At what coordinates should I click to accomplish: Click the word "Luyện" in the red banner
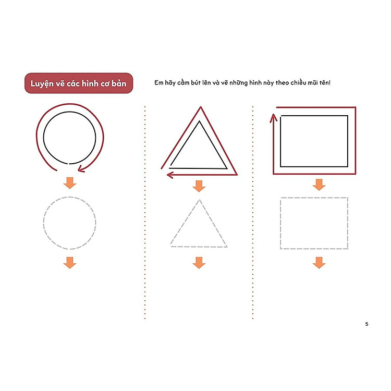coord(42,84)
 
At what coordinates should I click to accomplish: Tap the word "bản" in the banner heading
coord(119,83)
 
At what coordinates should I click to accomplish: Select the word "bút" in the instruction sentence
coord(195,82)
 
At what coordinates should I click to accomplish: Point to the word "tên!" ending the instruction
coord(325,82)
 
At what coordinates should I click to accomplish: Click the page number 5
coord(366,324)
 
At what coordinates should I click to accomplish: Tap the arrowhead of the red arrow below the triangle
coord(170,175)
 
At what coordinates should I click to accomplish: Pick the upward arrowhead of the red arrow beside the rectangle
coord(274,118)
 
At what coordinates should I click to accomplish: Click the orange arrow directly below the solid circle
coord(70,183)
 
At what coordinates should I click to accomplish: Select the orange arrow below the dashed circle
coord(70,263)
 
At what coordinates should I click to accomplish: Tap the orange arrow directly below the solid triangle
coord(199,186)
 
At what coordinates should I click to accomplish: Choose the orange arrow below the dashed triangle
coord(199,263)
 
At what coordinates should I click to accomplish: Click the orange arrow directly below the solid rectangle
coord(319,185)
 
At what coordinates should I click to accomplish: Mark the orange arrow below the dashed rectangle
coord(319,263)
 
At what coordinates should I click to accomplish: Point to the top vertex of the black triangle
coord(199,121)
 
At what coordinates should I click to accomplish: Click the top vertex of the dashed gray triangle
coord(199,200)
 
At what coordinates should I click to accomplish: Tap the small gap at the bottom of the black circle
coord(68,164)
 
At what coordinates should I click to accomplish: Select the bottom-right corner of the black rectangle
coord(348,167)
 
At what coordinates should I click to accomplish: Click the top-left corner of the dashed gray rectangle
coord(281,198)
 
